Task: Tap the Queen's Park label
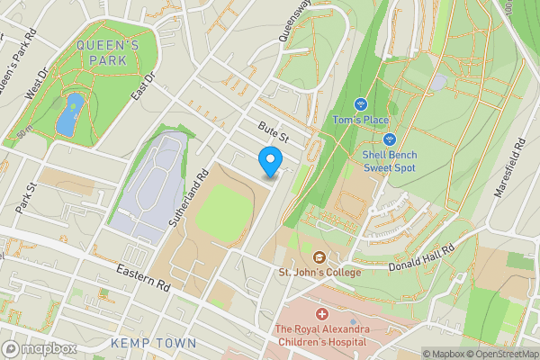tap(107, 53)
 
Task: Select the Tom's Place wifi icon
tap(361, 105)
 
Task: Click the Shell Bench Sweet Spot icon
tap(390, 139)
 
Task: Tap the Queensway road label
tap(293, 21)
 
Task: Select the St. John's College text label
tap(319, 272)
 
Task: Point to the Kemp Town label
tap(153, 344)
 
